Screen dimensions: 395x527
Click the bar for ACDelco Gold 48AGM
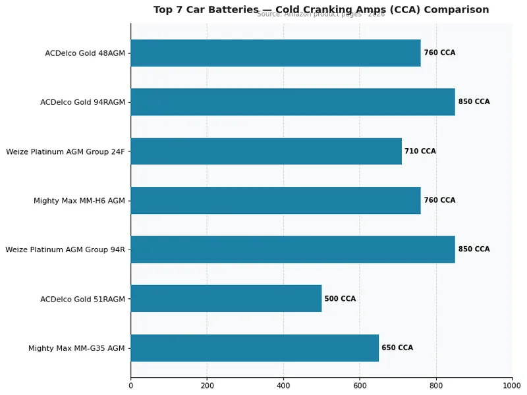(275, 53)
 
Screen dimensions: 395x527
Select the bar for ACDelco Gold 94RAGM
(292, 102)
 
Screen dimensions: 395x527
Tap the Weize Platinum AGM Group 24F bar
(266, 151)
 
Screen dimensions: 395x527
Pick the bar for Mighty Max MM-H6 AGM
(275, 200)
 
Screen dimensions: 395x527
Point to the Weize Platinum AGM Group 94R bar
(292, 250)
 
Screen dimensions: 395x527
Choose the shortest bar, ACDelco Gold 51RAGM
(226, 299)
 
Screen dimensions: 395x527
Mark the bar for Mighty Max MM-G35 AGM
(254, 348)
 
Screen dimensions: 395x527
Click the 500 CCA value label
(340, 299)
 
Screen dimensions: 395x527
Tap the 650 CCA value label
(397, 348)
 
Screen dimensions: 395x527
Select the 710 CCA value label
(420, 151)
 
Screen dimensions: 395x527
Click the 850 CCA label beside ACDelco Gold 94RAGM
(474, 102)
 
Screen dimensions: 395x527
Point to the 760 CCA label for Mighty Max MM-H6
(439, 200)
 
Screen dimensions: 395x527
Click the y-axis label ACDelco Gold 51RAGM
(82, 299)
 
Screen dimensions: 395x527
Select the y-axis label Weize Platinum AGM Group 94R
(65, 250)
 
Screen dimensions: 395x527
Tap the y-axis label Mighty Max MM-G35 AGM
(76, 348)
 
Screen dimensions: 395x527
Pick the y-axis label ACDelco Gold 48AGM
(85, 53)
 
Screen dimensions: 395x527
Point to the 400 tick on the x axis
(283, 386)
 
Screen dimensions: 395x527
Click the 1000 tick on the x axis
(512, 386)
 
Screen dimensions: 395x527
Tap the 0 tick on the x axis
(130, 386)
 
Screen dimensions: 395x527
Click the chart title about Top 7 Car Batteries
(321, 10)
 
